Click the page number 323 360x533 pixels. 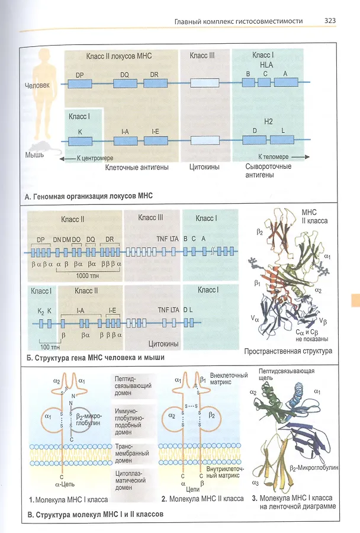tap(330, 21)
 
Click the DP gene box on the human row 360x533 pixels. tap(80, 84)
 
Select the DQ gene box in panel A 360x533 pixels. tap(125, 84)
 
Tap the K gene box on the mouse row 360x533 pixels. tap(80, 140)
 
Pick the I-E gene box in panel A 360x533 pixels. tap(155, 140)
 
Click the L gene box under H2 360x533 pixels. tap(283, 140)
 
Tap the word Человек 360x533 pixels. tap(37, 85)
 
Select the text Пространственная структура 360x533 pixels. tap(288, 351)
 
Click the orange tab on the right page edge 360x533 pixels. tap(355, 300)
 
